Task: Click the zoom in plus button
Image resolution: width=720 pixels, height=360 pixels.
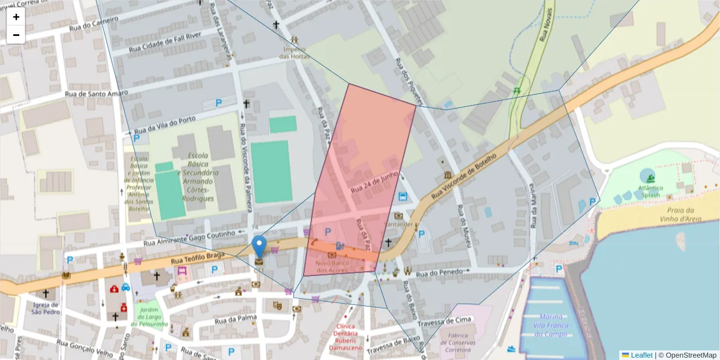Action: click(16, 17)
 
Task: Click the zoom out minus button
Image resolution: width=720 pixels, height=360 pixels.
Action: click(16, 35)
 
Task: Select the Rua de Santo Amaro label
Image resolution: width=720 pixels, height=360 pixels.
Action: click(97, 94)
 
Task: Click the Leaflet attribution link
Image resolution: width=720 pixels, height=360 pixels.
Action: click(641, 355)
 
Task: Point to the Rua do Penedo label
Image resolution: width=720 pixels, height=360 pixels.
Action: click(441, 272)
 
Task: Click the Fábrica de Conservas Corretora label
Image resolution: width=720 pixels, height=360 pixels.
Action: click(462, 343)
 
